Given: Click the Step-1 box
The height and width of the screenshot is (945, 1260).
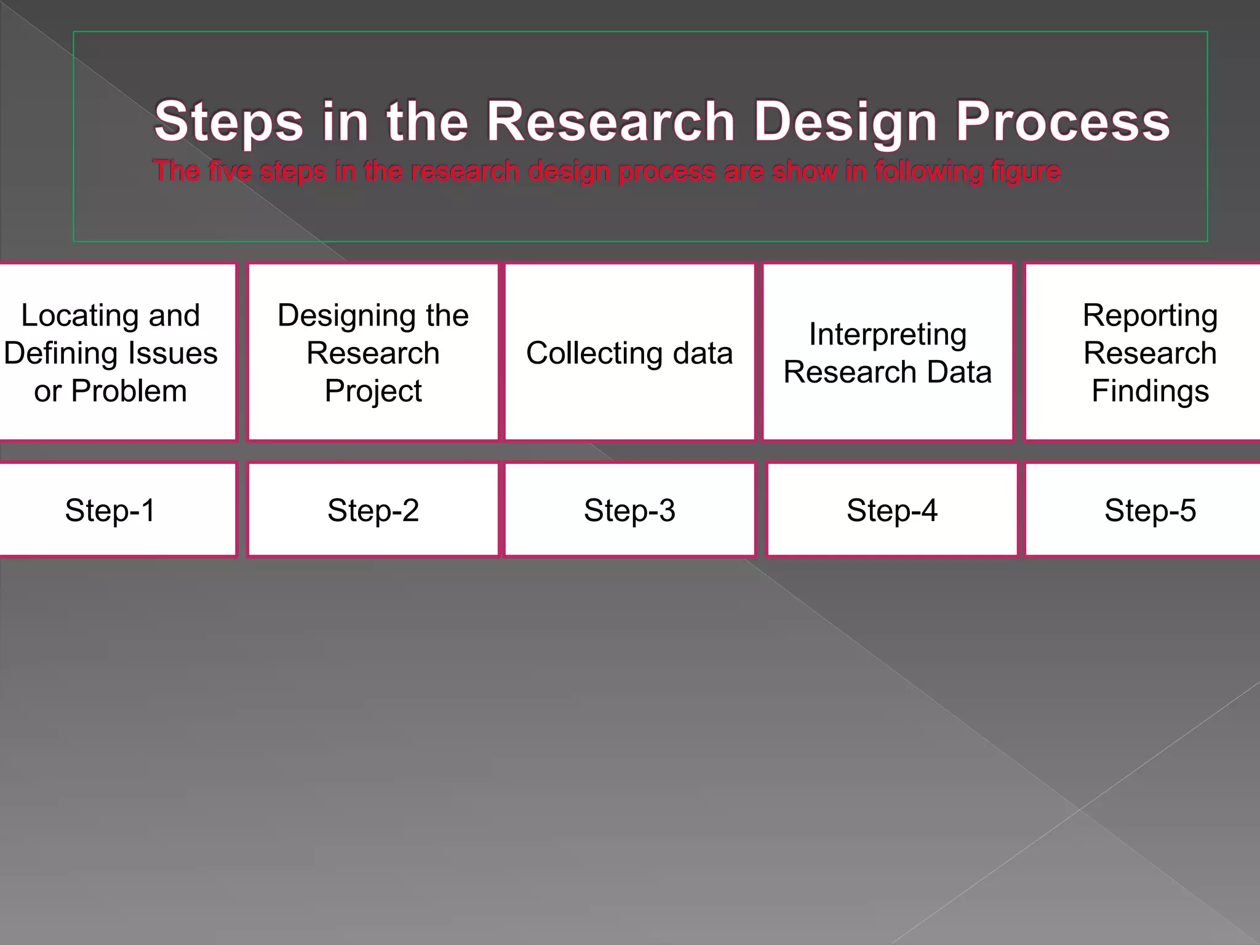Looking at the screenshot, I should [x=111, y=510].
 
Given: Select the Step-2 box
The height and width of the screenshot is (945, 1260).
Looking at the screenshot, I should [x=373, y=510].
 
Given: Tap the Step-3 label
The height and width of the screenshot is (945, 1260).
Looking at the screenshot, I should [x=629, y=510].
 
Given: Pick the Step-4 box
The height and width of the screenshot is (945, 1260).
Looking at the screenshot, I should [x=891, y=510].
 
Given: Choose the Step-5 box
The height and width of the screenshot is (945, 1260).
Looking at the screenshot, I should [x=1149, y=510].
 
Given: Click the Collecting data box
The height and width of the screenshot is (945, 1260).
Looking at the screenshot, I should [x=629, y=353].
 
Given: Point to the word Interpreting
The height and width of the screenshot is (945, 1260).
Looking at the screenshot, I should [x=887, y=335].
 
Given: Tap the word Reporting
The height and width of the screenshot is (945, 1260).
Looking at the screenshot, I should [x=1150, y=316].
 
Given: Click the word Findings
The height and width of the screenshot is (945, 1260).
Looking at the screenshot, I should [x=1150, y=391].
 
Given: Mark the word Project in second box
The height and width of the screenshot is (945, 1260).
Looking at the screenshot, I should [x=373, y=391].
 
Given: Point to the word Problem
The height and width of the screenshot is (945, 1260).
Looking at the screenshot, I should [x=129, y=391].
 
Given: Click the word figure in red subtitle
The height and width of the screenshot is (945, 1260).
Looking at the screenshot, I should [x=1026, y=172].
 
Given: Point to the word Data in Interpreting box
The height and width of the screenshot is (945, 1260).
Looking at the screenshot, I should [x=959, y=372].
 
